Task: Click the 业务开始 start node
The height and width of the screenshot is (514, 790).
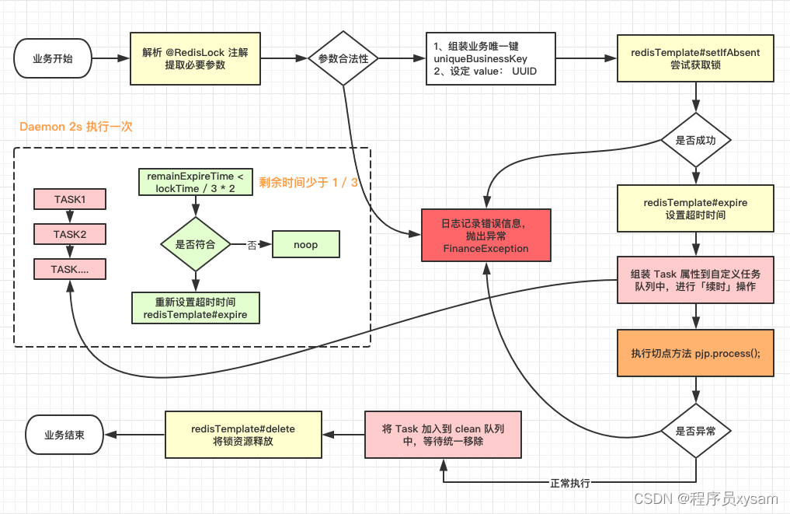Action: pos(53,58)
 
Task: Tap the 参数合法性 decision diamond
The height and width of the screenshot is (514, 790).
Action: pos(343,58)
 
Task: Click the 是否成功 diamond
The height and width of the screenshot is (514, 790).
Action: pos(696,141)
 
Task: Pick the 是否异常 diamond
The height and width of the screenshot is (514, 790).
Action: pos(696,431)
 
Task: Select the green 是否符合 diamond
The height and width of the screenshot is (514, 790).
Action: pos(196,244)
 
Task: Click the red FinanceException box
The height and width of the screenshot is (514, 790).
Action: pos(485,236)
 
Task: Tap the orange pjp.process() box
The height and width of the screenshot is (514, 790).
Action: pos(696,353)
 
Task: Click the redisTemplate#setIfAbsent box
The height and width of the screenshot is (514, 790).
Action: pos(696,58)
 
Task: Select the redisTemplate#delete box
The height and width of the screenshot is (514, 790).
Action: pos(243,435)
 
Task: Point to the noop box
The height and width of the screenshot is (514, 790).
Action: pos(305,244)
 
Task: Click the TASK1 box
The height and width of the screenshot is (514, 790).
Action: pos(70,200)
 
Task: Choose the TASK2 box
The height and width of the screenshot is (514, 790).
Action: pos(70,234)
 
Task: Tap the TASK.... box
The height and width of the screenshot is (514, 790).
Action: pos(70,269)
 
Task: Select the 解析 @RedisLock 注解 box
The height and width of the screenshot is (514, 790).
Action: pos(195,58)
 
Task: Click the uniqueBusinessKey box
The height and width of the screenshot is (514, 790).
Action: pos(490,58)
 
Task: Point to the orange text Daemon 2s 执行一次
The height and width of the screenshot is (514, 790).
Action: pos(76,126)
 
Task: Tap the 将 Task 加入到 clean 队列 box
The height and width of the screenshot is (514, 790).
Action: pos(444,435)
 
